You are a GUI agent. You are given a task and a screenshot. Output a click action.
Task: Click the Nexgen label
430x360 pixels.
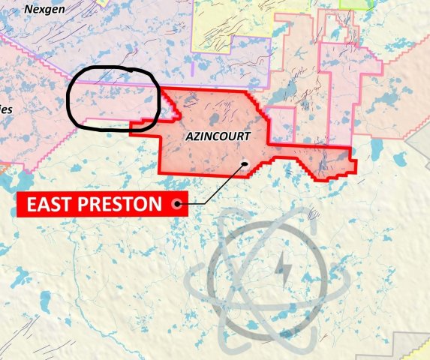pos(44,9)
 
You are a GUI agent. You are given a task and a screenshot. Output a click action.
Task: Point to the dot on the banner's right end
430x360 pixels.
pos(178,203)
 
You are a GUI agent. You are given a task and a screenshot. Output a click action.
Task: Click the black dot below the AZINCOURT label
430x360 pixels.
pos(244,163)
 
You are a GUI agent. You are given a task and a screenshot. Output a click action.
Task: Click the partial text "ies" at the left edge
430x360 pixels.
pos(6,109)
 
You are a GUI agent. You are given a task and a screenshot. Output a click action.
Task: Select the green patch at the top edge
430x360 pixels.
pos(347,4)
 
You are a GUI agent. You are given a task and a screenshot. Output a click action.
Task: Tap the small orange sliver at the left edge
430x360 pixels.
pos(2,169)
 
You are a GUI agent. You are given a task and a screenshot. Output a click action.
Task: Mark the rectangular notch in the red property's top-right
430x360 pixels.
pos(281,124)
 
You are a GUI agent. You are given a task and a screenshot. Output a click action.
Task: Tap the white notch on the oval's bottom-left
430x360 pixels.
pos(90,120)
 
